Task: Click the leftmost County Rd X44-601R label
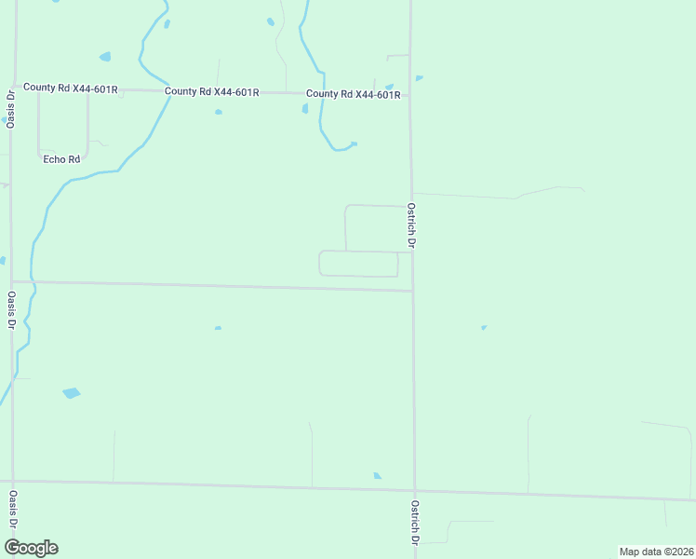coord(71,89)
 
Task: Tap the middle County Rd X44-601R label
coord(211,92)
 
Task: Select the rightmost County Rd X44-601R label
coord(353,94)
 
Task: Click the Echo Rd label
coord(62,159)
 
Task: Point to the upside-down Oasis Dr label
coord(10,110)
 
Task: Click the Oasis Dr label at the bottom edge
coord(12,523)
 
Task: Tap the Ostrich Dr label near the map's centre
coord(410,225)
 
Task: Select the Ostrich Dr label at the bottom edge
coord(414,527)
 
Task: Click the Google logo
coord(31,548)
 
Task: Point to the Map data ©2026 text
coord(656,552)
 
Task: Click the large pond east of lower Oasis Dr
coord(71,393)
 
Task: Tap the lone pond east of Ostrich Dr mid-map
coord(483,328)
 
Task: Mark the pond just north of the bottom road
coord(377,476)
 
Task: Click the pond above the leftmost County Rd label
coord(104,57)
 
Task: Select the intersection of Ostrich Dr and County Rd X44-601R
coord(410,95)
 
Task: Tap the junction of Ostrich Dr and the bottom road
coord(414,490)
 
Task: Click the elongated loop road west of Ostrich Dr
coord(358,264)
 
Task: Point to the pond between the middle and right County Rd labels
coord(305,109)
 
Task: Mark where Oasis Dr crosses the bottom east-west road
coord(13,481)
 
